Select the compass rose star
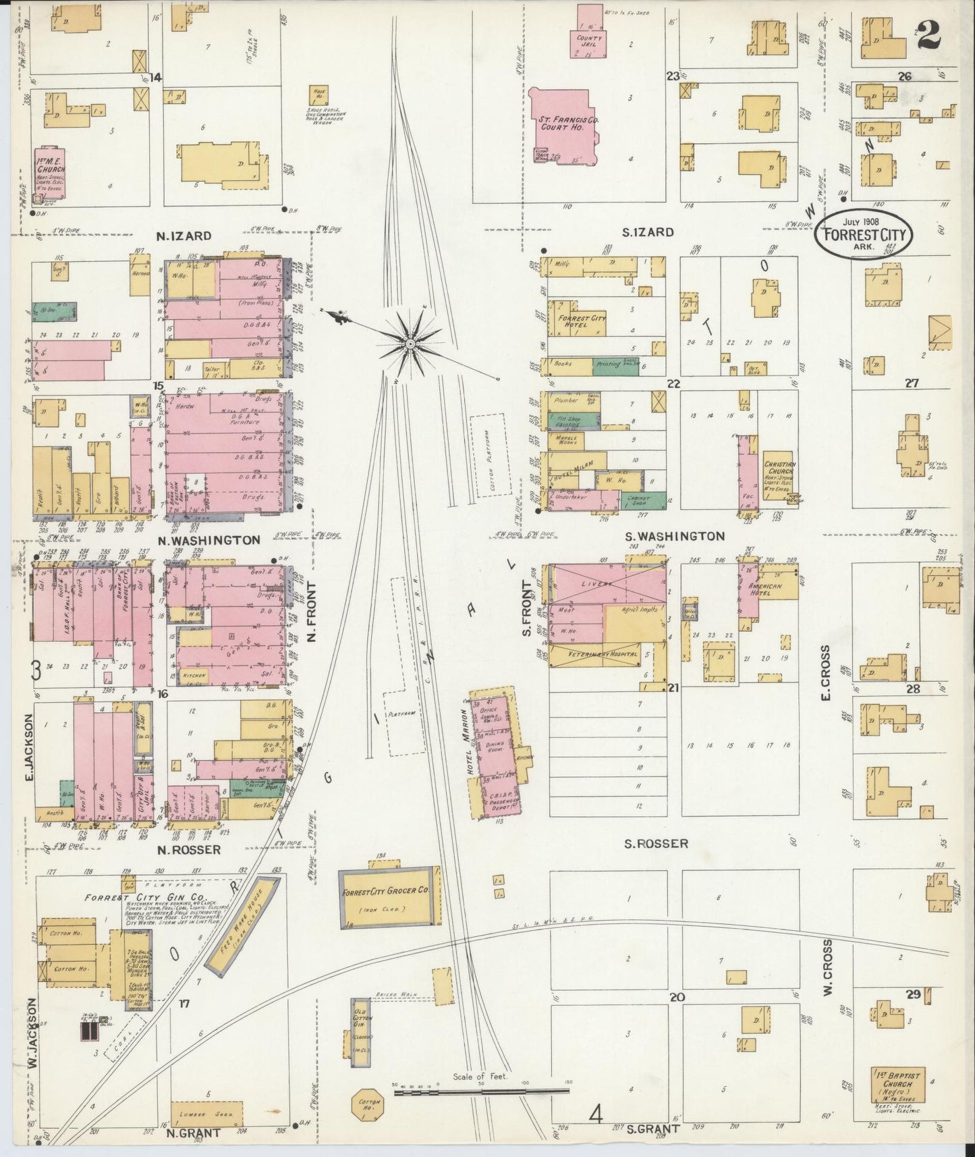tap(410, 344)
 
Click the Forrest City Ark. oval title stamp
tap(864, 234)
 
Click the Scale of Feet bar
tap(481, 1089)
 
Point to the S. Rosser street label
tap(656, 844)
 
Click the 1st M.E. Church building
tap(50, 172)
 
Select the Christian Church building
tap(779, 476)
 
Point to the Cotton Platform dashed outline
tap(489, 456)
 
